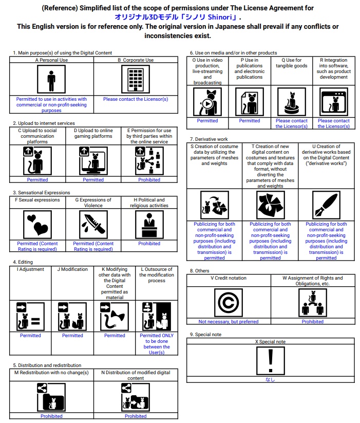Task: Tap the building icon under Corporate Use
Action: pyautogui.click(x=136, y=80)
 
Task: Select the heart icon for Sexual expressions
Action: pyautogui.click(x=37, y=225)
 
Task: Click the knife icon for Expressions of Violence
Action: pyautogui.click(x=93, y=225)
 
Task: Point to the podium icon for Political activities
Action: pyautogui.click(x=149, y=225)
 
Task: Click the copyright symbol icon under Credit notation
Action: pyautogui.click(x=229, y=303)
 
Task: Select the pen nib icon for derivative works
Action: pyautogui.click(x=326, y=205)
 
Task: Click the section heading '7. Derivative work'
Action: pyautogui.click(x=209, y=139)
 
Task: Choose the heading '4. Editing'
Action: pyautogui.click(x=22, y=262)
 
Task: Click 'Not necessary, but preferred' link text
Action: pyautogui.click(x=229, y=322)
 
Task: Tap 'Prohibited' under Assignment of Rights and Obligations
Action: pyautogui.click(x=312, y=322)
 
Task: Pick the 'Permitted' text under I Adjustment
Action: pyautogui.click(x=30, y=336)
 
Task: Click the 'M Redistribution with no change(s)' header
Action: pyautogui.click(x=51, y=372)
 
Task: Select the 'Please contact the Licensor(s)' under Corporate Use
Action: pyautogui.click(x=136, y=99)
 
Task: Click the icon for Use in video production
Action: pyautogui.click(x=207, y=102)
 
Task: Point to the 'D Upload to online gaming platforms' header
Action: pyautogui.click(x=93, y=134)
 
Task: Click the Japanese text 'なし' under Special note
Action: pyautogui.click(x=270, y=380)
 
